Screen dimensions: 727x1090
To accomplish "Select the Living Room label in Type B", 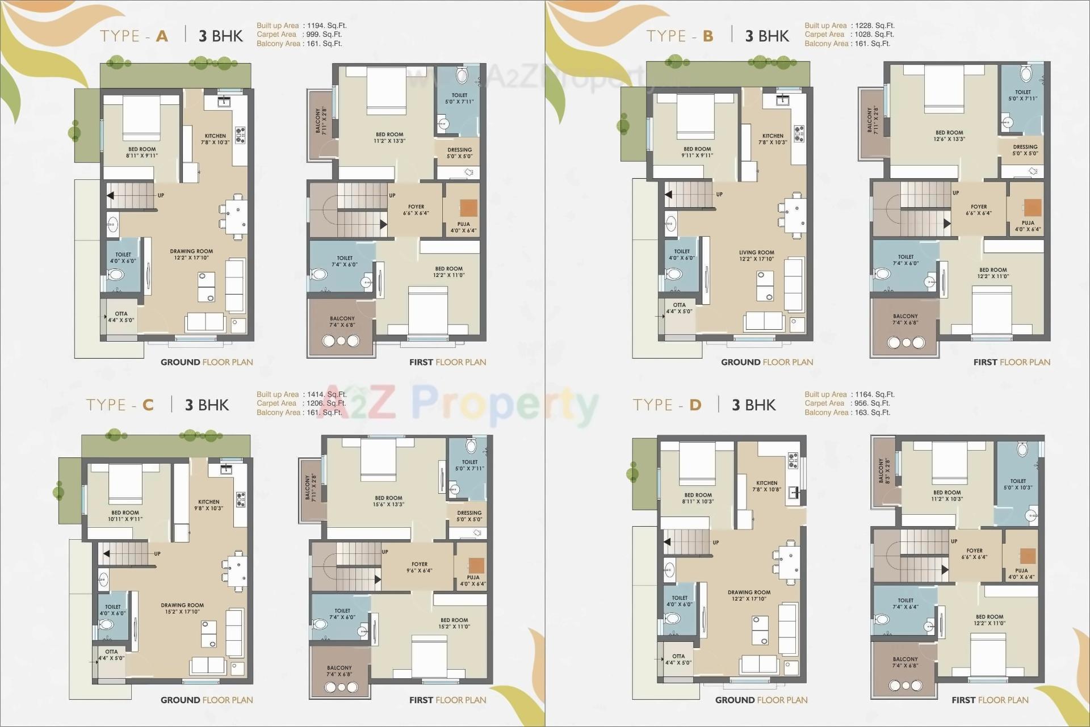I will (x=756, y=256).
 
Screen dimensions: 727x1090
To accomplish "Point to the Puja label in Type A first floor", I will (x=463, y=227).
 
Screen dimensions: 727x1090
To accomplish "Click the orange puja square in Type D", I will (x=1027, y=556).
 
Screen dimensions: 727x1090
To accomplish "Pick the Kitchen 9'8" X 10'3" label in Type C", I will (x=208, y=505).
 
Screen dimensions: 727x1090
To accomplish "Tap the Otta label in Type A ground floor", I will (x=121, y=317).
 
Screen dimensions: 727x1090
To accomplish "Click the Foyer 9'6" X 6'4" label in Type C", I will (x=419, y=568).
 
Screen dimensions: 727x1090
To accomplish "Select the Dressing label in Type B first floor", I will (x=1025, y=150).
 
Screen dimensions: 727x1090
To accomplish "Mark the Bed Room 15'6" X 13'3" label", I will (x=388, y=501).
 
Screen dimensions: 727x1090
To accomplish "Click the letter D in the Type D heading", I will (x=695, y=405).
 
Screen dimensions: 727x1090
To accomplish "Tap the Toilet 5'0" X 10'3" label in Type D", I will (x=1017, y=484).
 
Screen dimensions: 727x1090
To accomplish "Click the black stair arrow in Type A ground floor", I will (x=110, y=196).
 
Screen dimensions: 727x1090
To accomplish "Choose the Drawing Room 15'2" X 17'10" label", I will (x=182, y=608).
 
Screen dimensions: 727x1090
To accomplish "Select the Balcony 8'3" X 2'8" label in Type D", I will (x=883, y=470).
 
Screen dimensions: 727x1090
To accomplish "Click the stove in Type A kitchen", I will (x=240, y=133).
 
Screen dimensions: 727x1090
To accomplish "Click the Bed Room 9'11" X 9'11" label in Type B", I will (x=697, y=152).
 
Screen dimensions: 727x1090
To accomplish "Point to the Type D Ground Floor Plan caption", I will (x=761, y=700).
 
